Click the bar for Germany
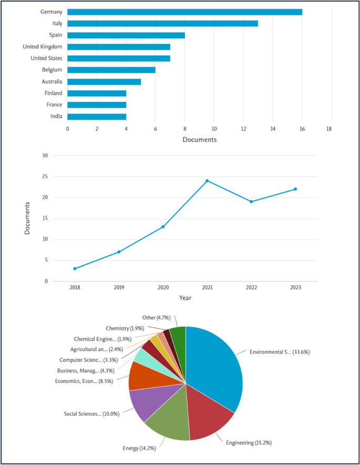(184, 12)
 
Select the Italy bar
(162, 24)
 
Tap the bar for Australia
(104, 81)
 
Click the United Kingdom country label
(43, 47)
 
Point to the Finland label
(53, 93)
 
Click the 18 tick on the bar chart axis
(329, 129)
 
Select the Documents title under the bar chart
(199, 140)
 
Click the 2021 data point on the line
(207, 181)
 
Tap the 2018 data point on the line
(75, 268)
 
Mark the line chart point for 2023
(295, 189)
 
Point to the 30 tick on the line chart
(44, 156)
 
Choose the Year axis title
(185, 298)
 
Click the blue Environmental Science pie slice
(215, 363)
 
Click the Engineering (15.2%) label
(250, 443)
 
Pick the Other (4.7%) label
(156, 318)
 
